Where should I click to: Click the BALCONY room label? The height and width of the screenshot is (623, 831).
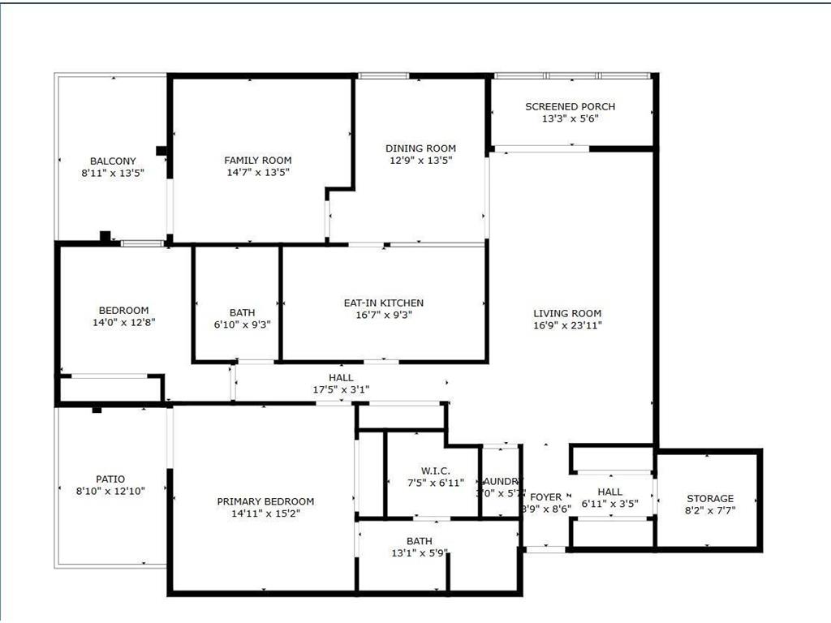[x=113, y=161]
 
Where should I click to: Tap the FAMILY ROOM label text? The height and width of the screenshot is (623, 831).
[x=257, y=160]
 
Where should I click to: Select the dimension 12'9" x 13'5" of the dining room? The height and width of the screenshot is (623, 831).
[x=420, y=161]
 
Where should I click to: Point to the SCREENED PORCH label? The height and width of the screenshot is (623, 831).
[x=570, y=106]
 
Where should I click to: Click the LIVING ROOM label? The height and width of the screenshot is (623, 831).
[x=567, y=313]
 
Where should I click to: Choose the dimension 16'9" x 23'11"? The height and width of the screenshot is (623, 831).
[x=567, y=325]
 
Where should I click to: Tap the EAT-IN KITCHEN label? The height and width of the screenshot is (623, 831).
[x=383, y=303]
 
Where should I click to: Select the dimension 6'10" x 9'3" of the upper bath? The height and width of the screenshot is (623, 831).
[x=242, y=324]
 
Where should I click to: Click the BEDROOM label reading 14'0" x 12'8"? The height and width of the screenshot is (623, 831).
[x=123, y=310]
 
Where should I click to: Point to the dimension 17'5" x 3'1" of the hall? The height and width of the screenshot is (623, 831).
[x=341, y=389]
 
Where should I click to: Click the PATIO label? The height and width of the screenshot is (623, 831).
[x=111, y=479]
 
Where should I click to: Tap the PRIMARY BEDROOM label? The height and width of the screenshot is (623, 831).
[x=265, y=501]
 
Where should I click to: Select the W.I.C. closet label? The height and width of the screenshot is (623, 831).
[x=430, y=470]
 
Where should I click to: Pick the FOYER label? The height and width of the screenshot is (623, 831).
[x=545, y=497]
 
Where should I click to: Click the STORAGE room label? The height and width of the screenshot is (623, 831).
[x=710, y=498]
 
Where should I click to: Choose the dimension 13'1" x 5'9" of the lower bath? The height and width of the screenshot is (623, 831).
[x=420, y=553]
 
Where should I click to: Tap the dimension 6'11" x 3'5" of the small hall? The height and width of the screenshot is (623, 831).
[x=609, y=504]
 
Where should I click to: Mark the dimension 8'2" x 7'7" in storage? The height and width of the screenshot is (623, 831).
[x=710, y=510]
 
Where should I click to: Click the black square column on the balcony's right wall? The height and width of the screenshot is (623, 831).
[x=161, y=150]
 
